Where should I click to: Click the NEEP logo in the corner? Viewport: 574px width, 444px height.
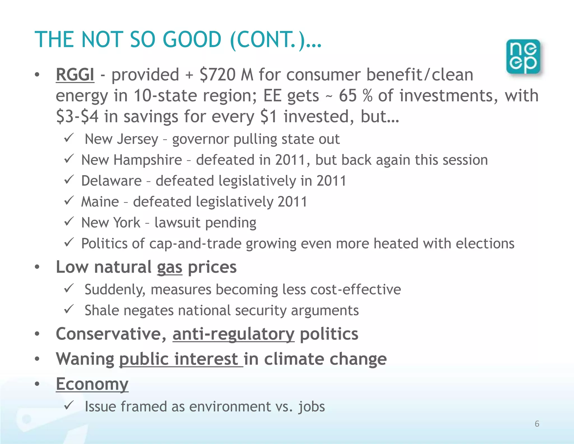523,57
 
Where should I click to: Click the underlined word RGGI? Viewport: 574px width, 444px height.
75,75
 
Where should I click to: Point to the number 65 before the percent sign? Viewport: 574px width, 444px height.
348,95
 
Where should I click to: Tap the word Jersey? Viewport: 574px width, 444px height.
138,139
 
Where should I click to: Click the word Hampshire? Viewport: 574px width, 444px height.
148,160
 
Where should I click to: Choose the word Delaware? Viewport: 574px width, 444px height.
111,181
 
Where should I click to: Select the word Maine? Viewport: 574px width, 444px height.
100,202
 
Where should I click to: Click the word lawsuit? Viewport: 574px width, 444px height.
177,223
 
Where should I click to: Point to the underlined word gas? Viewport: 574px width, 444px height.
169,267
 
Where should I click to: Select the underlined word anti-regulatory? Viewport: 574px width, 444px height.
233,334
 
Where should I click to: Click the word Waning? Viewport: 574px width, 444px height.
85,359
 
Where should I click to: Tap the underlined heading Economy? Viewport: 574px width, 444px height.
92,384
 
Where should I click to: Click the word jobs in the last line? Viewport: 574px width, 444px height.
311,407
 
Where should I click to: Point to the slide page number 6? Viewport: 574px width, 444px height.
537,424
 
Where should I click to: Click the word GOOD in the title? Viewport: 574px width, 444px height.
192,40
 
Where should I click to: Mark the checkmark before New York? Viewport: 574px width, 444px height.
69,222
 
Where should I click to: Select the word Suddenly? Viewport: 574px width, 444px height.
115,290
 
